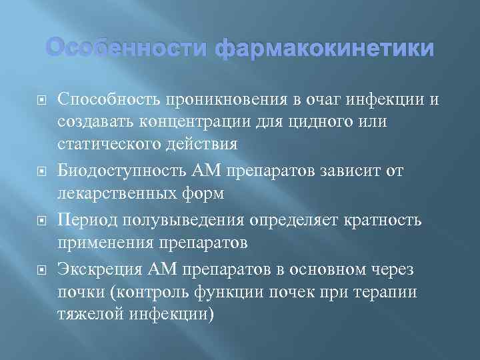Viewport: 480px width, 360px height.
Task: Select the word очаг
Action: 329,99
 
